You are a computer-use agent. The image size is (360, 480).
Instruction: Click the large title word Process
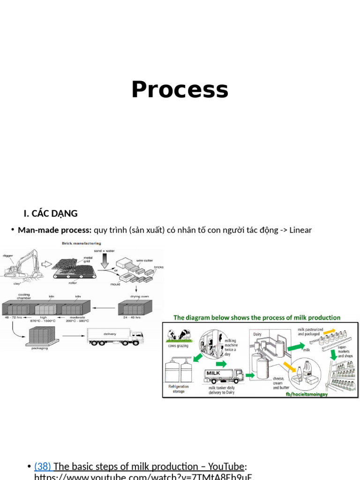(180, 90)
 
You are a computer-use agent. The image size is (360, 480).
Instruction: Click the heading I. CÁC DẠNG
(51, 214)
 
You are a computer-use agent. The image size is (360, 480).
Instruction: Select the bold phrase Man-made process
(54, 230)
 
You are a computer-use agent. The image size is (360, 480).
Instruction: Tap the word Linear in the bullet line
(300, 230)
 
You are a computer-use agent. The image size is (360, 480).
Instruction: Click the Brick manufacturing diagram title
(82, 243)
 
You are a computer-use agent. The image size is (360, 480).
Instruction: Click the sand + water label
(104, 251)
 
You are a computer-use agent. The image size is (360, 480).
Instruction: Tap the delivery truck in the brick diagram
(115, 336)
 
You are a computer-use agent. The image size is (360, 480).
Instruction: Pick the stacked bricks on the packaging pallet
(42, 334)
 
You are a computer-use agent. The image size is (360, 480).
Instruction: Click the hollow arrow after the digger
(46, 264)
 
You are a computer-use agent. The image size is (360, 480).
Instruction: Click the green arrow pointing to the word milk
(295, 347)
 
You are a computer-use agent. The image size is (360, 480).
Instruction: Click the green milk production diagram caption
(257, 317)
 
